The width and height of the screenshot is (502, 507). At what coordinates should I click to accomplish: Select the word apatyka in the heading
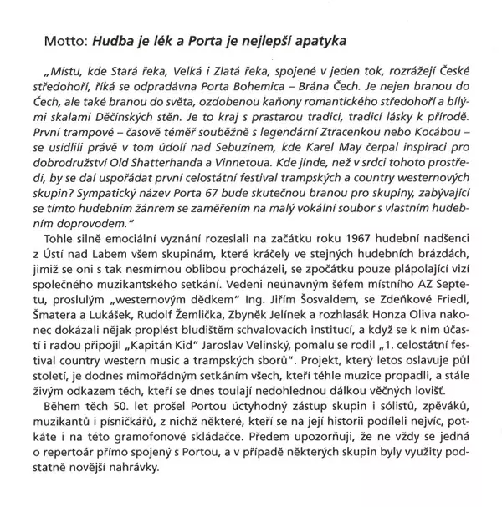(320, 39)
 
